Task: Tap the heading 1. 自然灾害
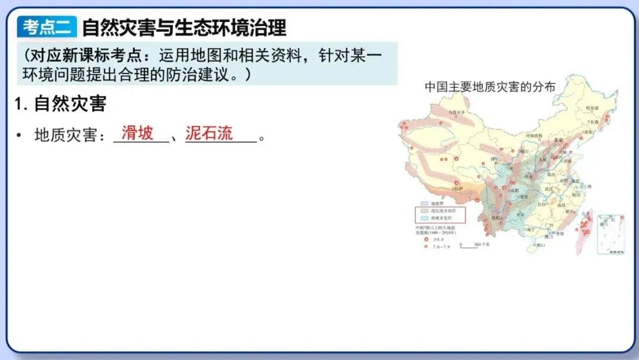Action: pos(60,104)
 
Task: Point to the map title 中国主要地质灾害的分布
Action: pos(490,86)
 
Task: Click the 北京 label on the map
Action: pos(556,140)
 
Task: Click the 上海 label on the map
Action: pos(585,186)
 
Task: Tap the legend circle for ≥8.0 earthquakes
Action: pos(425,238)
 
